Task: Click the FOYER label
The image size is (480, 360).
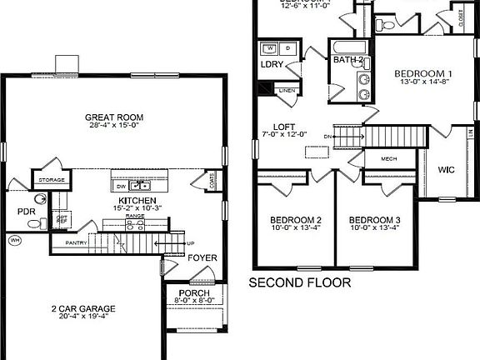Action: (202, 257)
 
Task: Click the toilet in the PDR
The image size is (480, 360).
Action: (39, 200)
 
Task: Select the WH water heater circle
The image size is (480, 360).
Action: (14, 240)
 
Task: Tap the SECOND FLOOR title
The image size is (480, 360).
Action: (301, 283)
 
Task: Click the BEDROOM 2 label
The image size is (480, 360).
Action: (296, 221)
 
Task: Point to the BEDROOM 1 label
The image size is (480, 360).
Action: (423, 73)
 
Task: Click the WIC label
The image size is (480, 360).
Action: (447, 170)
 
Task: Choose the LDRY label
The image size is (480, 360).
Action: (270, 64)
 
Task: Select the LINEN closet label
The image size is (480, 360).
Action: (287, 90)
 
